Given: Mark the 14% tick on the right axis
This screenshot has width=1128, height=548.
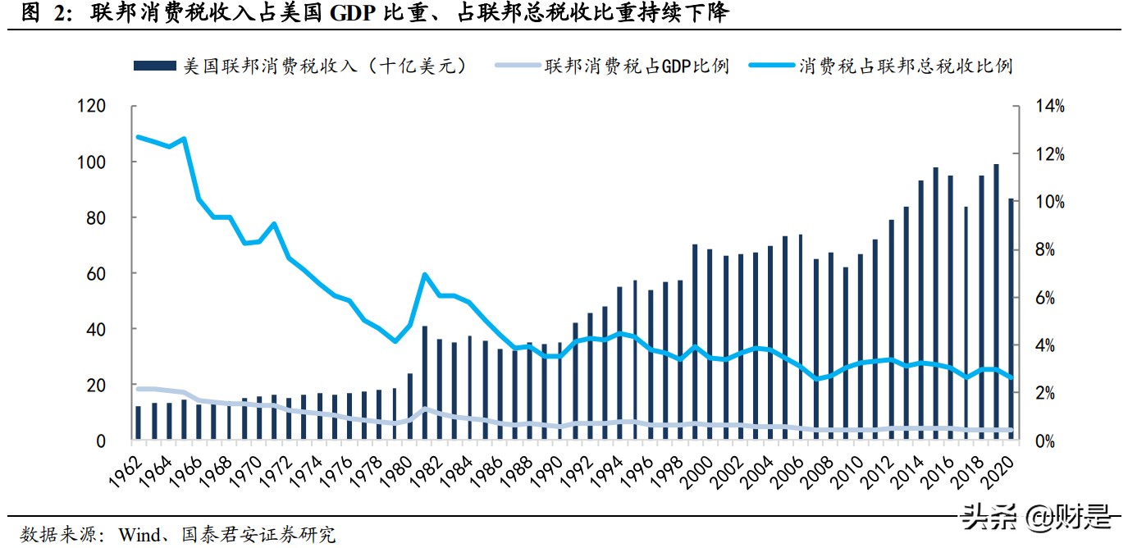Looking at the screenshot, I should point(1048,107).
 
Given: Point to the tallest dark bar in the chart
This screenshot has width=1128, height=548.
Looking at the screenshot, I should point(996,302).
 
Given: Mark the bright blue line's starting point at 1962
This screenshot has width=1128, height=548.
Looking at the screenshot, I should point(138,137).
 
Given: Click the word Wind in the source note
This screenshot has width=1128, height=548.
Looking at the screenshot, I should point(142,535).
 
